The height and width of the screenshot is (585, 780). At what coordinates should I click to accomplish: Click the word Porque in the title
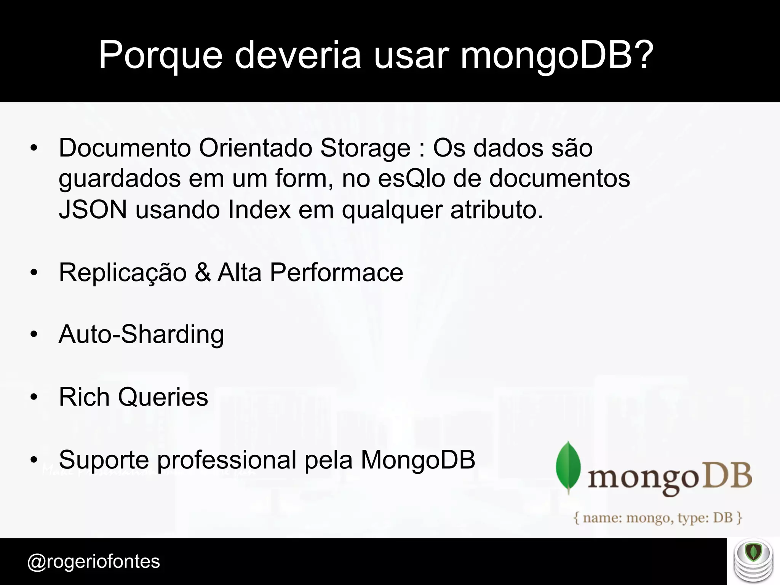coord(160,56)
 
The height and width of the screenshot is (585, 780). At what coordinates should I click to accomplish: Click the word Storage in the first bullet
coord(365,148)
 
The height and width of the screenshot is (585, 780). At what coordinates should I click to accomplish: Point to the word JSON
coord(93,210)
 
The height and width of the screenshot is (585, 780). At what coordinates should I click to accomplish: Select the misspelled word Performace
coord(336,272)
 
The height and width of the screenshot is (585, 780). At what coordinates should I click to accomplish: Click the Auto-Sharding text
coord(141,335)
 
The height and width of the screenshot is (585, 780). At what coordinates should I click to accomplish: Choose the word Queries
coord(163,397)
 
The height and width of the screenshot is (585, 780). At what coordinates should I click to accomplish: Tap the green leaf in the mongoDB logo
coord(568,467)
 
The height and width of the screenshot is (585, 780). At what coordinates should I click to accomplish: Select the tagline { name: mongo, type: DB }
coord(658,518)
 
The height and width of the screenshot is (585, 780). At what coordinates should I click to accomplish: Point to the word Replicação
coord(123,272)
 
